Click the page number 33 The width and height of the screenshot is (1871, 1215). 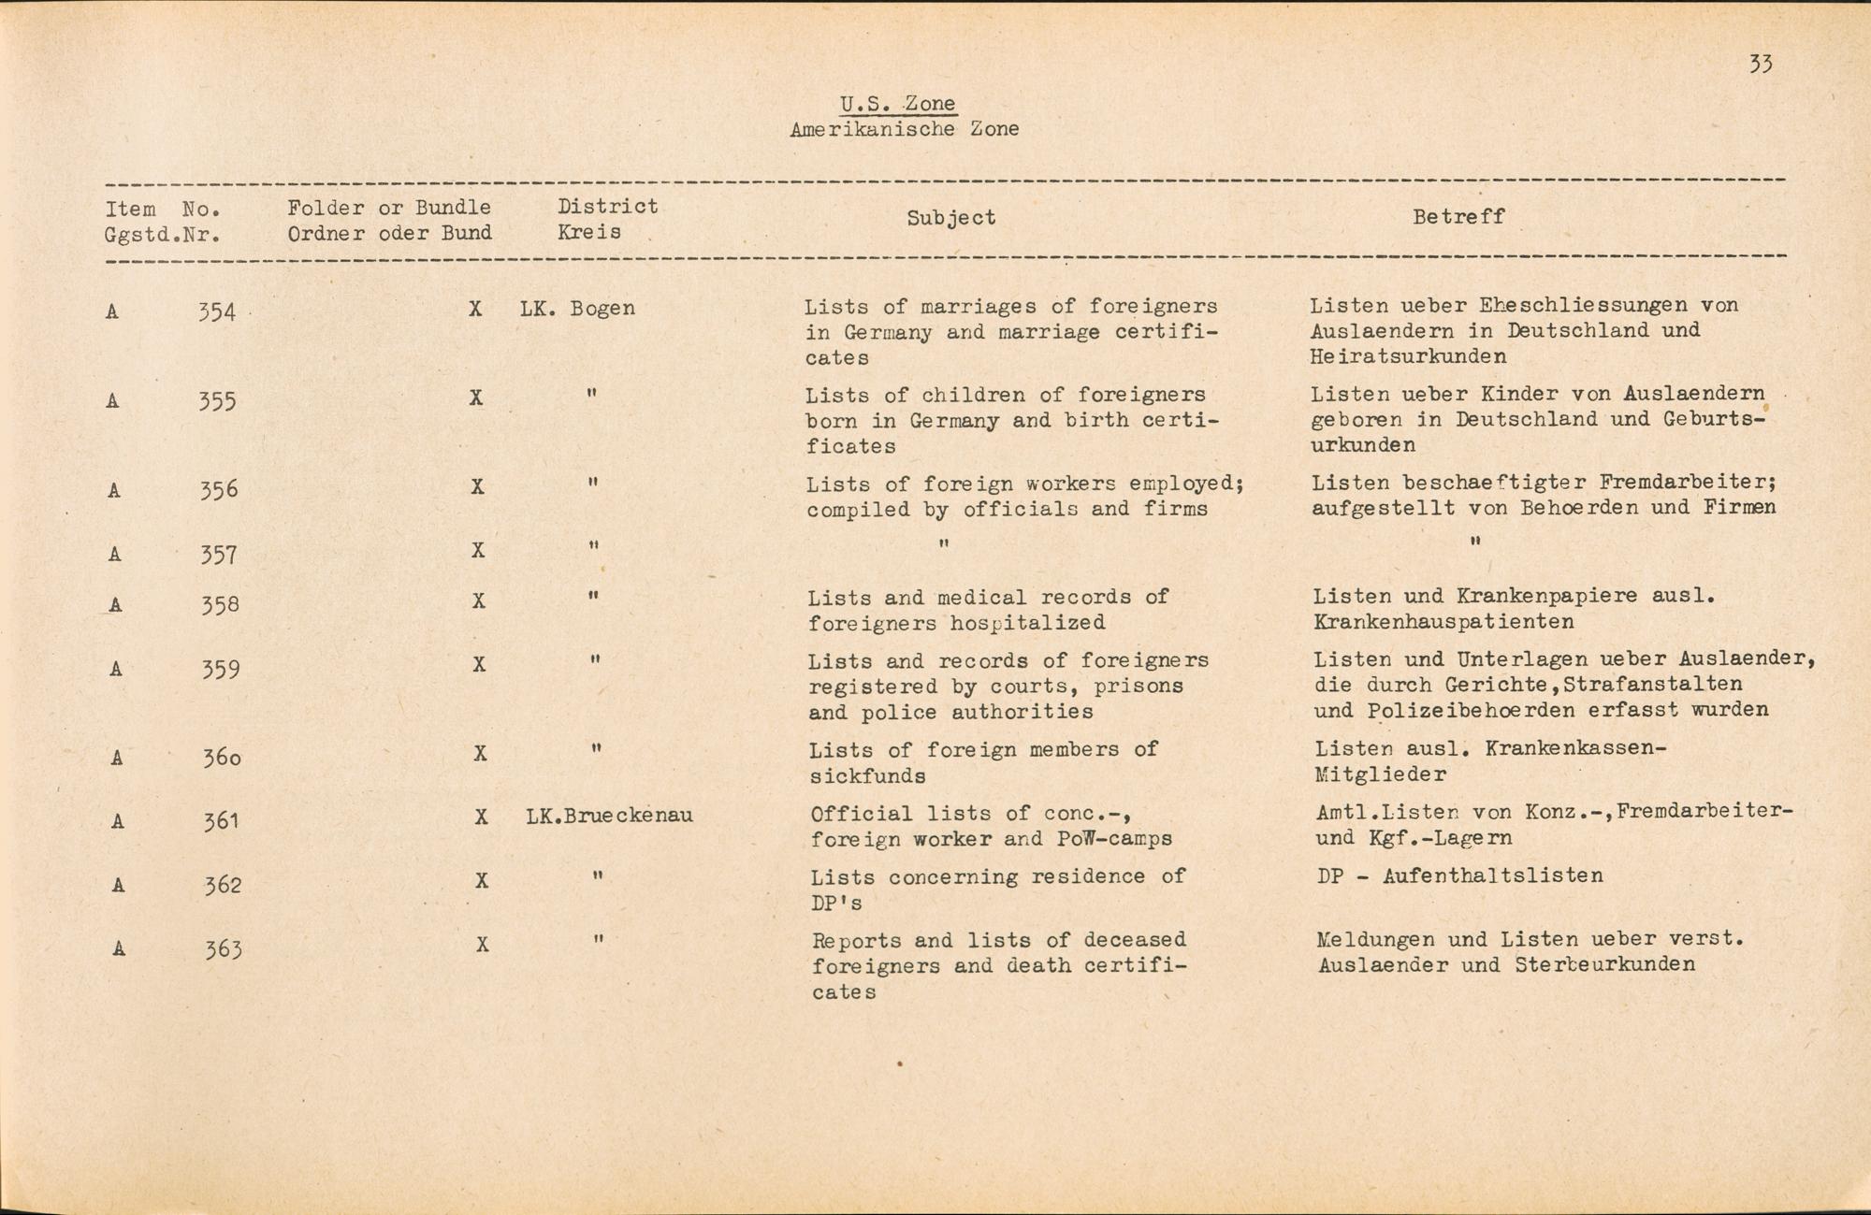pos(1760,64)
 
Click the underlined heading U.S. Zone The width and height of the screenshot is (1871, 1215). pos(897,104)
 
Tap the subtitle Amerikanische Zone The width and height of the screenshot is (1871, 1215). pos(904,129)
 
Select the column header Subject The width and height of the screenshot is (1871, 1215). pos(950,218)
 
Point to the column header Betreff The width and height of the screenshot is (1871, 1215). pos(1458,217)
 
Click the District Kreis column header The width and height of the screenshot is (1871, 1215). pos(607,219)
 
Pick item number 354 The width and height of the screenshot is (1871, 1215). pos(217,312)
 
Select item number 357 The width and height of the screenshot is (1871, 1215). pos(219,556)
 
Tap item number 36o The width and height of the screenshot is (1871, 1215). pos(222,758)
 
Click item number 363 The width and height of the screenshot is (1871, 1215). pos(224,950)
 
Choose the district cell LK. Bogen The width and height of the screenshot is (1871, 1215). pos(577,308)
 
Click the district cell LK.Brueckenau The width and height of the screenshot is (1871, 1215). pos(609,816)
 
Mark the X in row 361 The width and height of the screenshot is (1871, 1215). pos(481,817)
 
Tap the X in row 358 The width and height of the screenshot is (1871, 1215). pos(478,601)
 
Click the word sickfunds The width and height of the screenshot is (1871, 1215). pos(867,776)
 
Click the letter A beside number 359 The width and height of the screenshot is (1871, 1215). pos(116,669)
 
